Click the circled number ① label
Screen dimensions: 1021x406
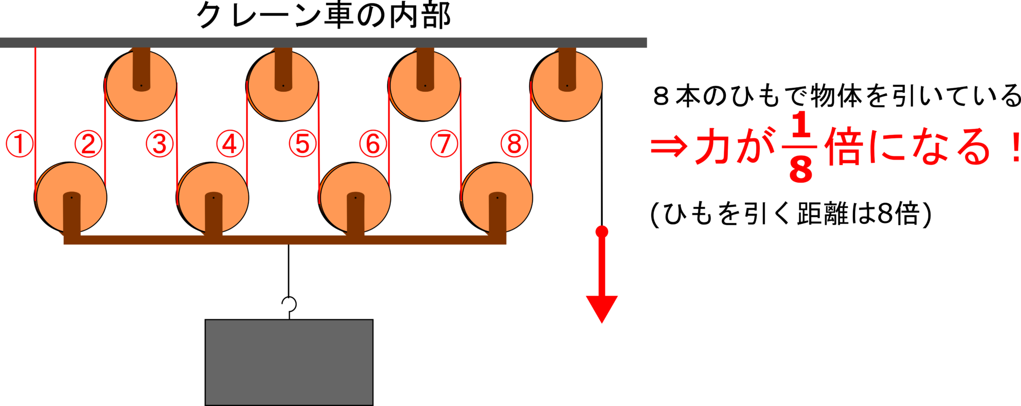(19, 144)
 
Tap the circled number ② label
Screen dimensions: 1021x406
(88, 144)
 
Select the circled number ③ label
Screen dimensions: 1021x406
(160, 144)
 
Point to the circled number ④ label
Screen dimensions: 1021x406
(230, 144)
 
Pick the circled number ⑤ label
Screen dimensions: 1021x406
(303, 144)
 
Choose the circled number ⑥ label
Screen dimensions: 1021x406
(373, 144)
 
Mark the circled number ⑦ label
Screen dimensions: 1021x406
(444, 144)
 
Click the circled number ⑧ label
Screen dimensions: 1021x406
(514, 144)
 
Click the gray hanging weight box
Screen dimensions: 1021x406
(289, 363)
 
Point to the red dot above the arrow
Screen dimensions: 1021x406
(602, 231)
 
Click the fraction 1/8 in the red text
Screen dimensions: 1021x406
(800, 147)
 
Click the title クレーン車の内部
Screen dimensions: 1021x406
(324, 15)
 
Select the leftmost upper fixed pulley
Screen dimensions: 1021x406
(141, 86)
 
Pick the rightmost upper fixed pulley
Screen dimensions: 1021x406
(566, 86)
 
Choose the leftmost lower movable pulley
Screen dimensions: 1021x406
(70, 198)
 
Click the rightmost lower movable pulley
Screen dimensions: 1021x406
(496, 198)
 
